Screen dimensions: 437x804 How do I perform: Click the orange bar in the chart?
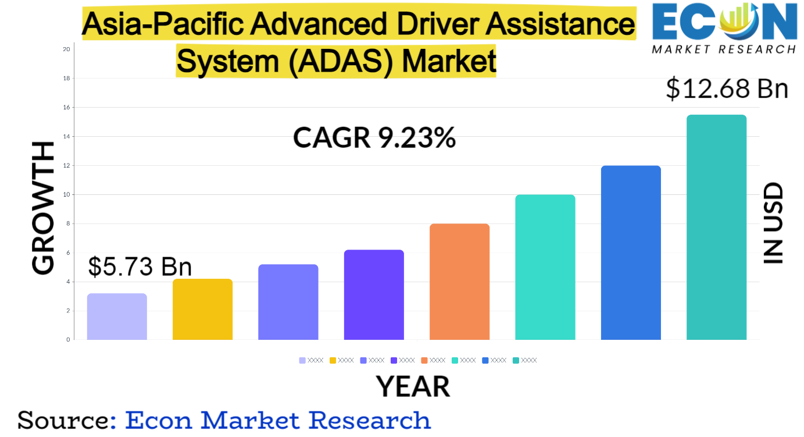pyautogui.click(x=459, y=282)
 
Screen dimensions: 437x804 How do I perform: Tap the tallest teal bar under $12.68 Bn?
pyautogui.click(x=716, y=227)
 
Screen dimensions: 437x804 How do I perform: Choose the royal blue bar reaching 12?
pyautogui.click(x=631, y=253)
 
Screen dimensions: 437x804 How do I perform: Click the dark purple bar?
pyautogui.click(x=374, y=294)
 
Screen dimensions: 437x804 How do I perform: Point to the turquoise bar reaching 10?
pyautogui.click(x=545, y=267)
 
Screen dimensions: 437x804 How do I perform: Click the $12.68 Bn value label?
pyautogui.click(x=727, y=89)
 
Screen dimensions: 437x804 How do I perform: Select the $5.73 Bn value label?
pyautogui.click(x=140, y=267)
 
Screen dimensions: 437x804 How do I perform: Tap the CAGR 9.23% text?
pyautogui.click(x=374, y=138)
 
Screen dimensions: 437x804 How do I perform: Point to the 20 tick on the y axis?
pyautogui.click(x=66, y=49)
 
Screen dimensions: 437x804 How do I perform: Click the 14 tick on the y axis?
pyautogui.click(x=66, y=136)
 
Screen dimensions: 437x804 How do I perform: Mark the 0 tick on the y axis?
pyautogui.click(x=68, y=339)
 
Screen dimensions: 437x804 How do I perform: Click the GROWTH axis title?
pyautogui.click(x=43, y=208)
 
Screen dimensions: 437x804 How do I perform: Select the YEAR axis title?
pyautogui.click(x=413, y=386)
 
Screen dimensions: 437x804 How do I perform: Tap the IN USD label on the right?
pyautogui.click(x=773, y=223)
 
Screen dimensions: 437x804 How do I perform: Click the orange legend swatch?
pyautogui.click(x=424, y=360)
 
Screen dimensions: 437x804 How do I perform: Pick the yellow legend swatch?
pyautogui.click(x=333, y=360)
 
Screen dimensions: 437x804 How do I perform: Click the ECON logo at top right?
pyautogui.click(x=724, y=27)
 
